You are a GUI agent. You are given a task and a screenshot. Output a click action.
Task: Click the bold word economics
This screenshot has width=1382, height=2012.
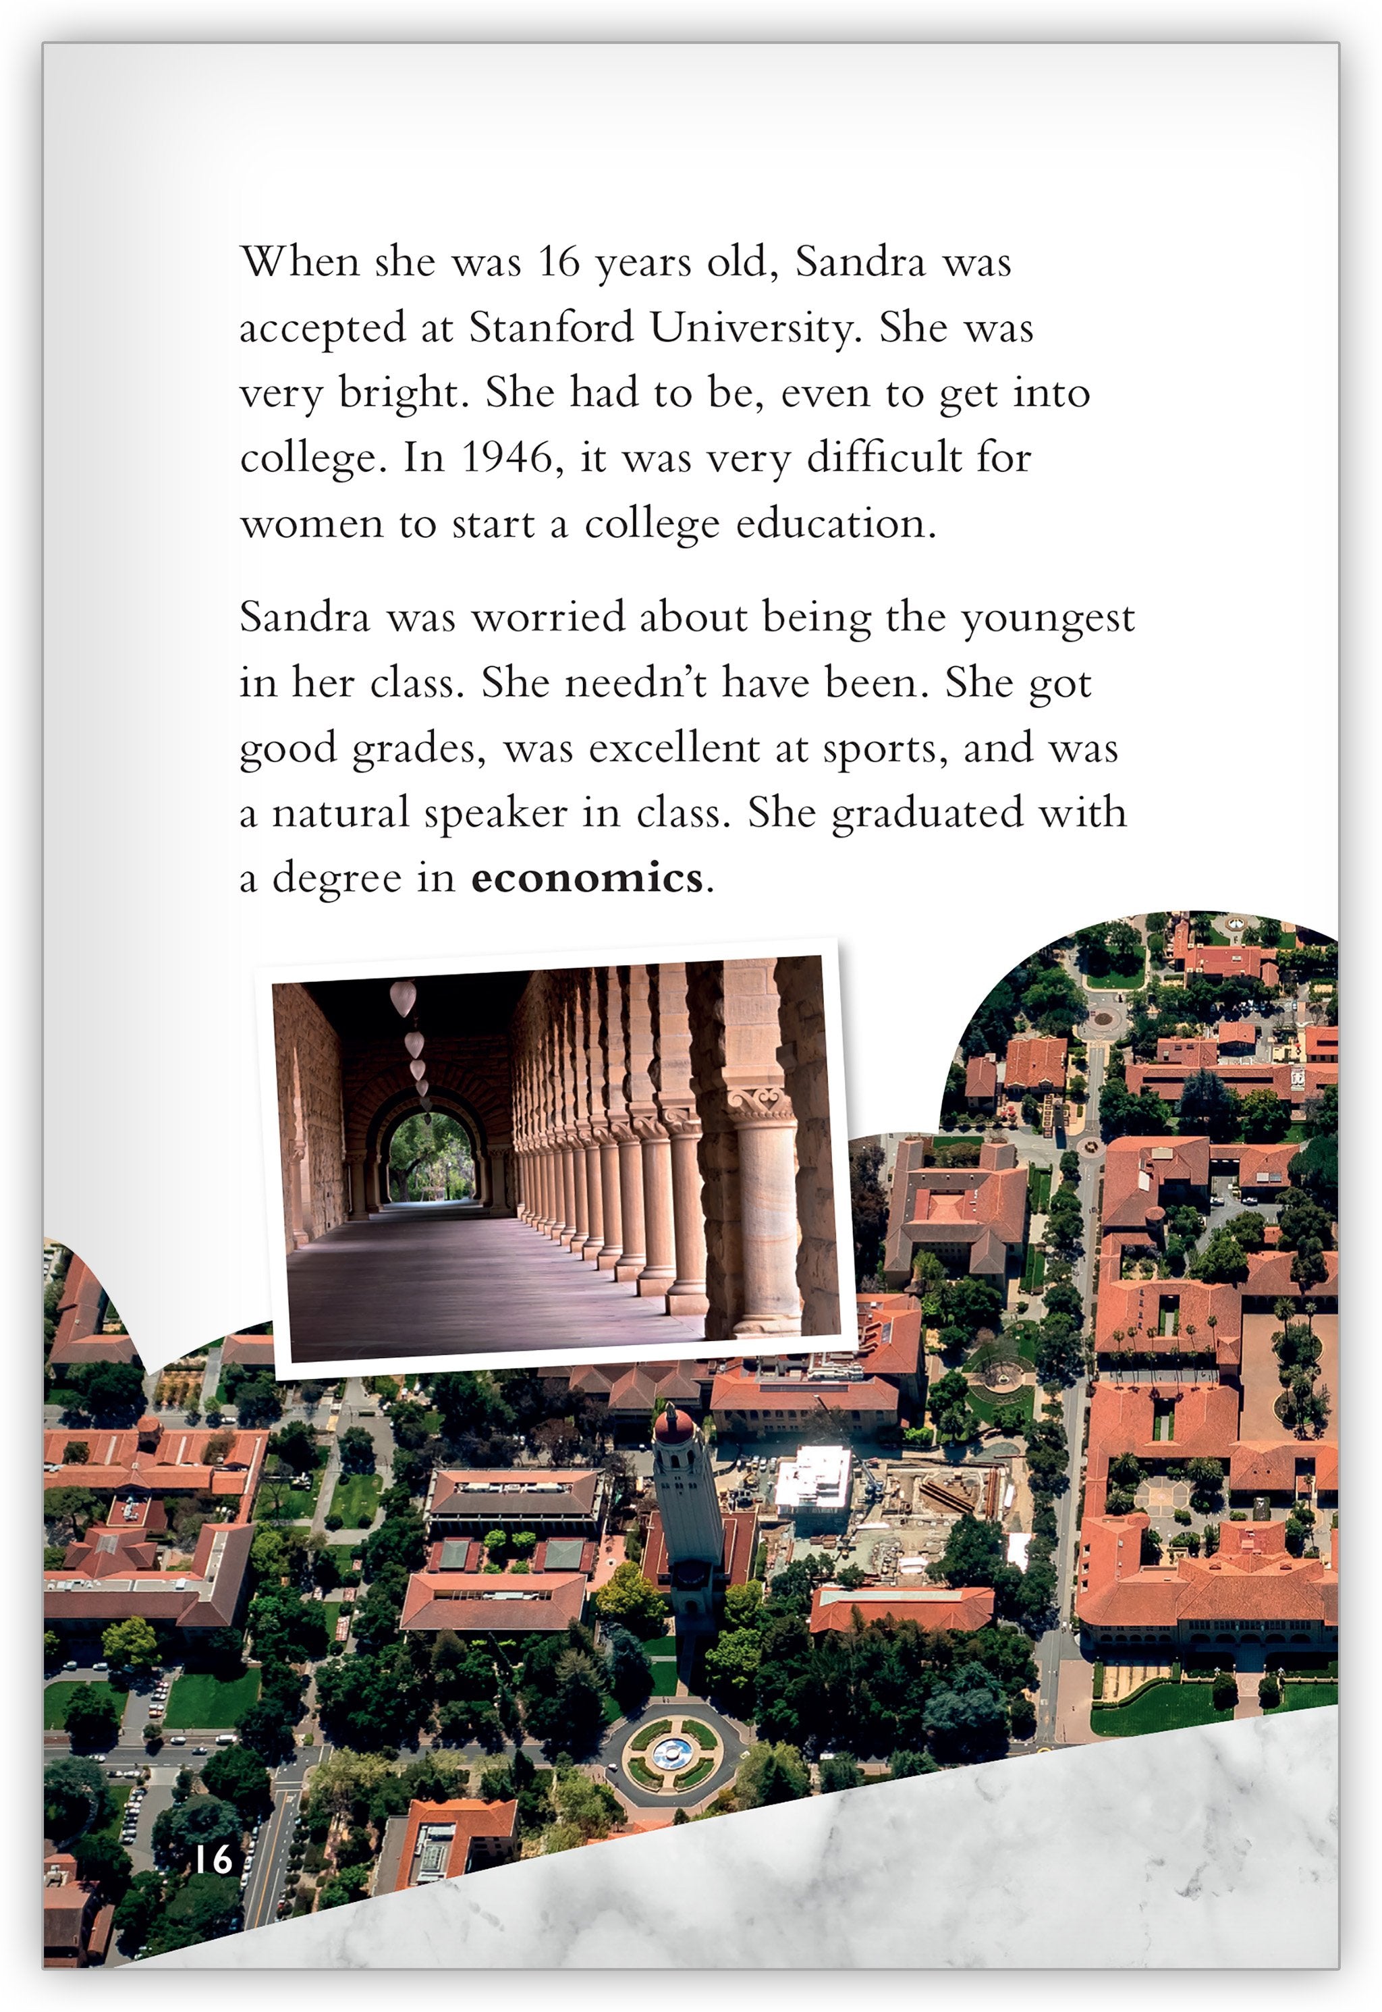[586, 878]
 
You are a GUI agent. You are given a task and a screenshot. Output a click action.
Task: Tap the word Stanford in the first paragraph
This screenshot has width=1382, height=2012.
[551, 328]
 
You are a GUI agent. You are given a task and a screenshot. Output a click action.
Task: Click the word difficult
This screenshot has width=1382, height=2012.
[883, 458]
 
